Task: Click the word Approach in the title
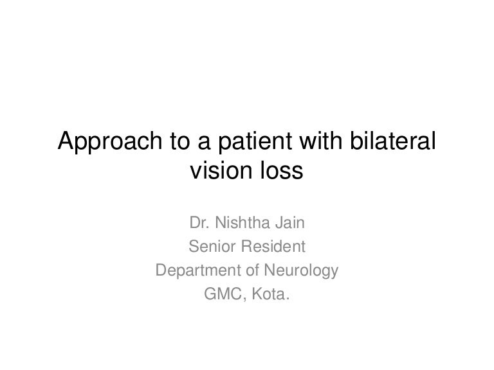(x=110, y=141)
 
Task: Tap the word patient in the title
(x=255, y=141)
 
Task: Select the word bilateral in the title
(x=393, y=140)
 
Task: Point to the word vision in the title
(x=221, y=170)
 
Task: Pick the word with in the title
(x=321, y=140)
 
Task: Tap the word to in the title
(x=180, y=141)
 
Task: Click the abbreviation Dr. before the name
(x=199, y=223)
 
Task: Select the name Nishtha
(x=242, y=223)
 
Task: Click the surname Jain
(x=290, y=223)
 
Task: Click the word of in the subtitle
(x=252, y=270)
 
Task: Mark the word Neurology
(x=301, y=271)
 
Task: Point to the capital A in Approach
(x=66, y=140)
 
